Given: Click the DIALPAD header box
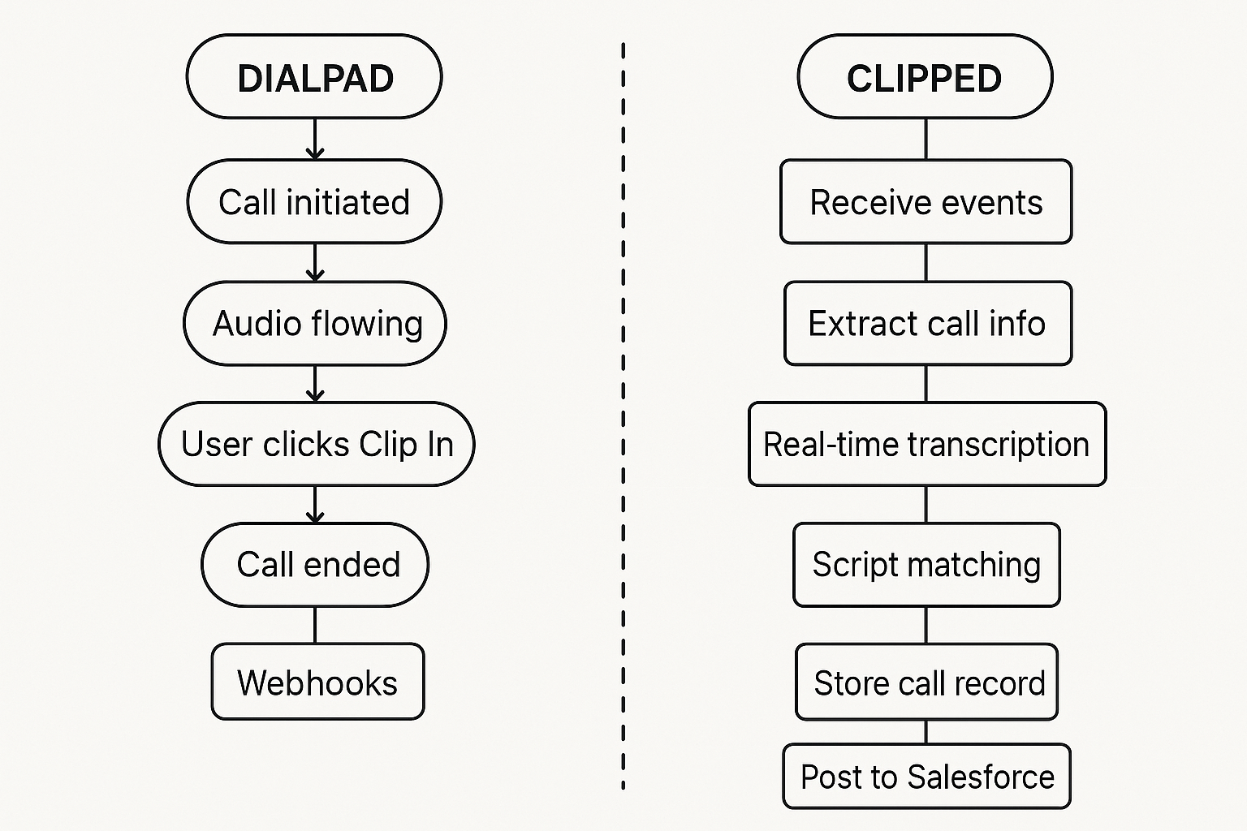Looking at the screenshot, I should tap(314, 77).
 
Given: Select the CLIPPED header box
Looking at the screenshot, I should tap(925, 77).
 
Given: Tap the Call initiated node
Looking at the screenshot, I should tap(314, 201).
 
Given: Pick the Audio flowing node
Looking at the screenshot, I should tap(315, 323).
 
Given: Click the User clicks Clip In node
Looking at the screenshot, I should tap(316, 444).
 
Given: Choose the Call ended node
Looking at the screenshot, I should tap(315, 565).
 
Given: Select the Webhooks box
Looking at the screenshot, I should tap(317, 682).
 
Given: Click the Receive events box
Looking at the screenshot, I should tap(926, 201).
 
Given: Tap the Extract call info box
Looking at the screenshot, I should tap(927, 323).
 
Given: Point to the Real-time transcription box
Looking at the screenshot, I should tap(926, 444).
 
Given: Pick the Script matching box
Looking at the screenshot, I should tap(926, 565).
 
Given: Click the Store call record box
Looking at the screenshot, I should tap(926, 682).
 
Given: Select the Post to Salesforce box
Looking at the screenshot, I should tap(926, 777).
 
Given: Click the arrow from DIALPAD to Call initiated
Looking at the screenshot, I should tap(315, 139).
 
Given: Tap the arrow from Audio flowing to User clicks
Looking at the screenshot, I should tap(315, 383).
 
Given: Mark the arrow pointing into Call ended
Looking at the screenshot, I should tap(315, 504).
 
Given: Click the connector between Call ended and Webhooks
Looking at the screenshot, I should tap(315, 625).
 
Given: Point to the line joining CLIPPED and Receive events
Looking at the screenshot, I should tap(926, 139).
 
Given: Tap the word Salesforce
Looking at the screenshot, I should tap(981, 777).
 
